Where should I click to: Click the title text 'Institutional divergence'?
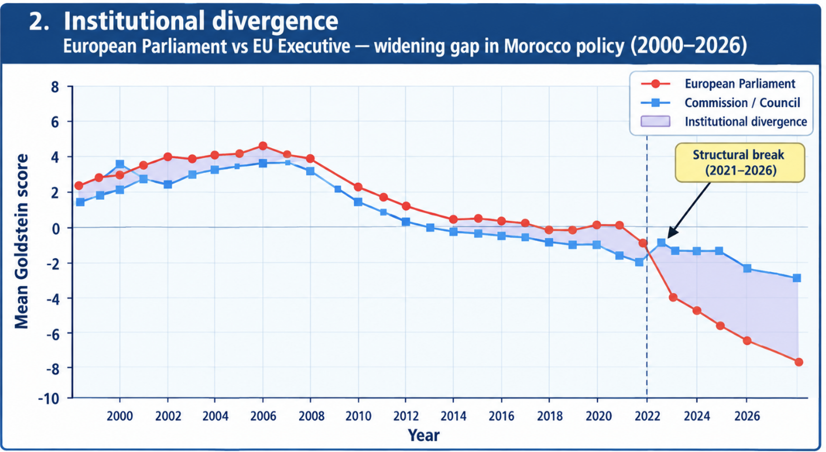201,21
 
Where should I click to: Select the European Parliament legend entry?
718,84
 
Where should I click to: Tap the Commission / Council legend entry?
720,103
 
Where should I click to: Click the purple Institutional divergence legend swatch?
655,122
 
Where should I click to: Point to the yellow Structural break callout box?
740,163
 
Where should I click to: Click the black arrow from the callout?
689,210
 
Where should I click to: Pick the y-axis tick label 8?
55,87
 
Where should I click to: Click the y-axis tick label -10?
48,398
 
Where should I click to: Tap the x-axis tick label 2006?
263,416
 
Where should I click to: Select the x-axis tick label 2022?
647,416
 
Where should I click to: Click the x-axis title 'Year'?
423,435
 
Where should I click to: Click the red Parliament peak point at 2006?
263,146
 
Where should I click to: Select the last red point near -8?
799,362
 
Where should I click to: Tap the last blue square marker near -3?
797,278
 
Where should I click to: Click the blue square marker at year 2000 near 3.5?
120,164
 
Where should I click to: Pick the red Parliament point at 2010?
358,187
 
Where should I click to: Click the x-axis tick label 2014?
453,416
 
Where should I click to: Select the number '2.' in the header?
39,21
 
